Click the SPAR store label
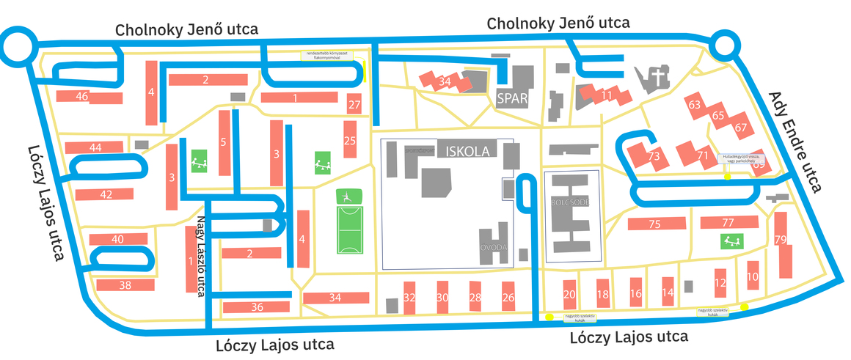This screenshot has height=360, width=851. pos(511,98)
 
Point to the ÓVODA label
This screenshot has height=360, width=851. pos(494,248)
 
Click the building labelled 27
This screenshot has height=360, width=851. pos(355,105)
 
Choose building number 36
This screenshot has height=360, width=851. pos(257,307)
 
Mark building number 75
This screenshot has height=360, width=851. pos(655,224)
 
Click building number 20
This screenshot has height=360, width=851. pos(569,294)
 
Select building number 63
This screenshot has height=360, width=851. pos(694,105)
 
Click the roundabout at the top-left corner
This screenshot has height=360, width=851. pos(18,48)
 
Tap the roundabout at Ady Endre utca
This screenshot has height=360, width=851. pos(725,49)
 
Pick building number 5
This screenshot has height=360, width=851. pos(224,142)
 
